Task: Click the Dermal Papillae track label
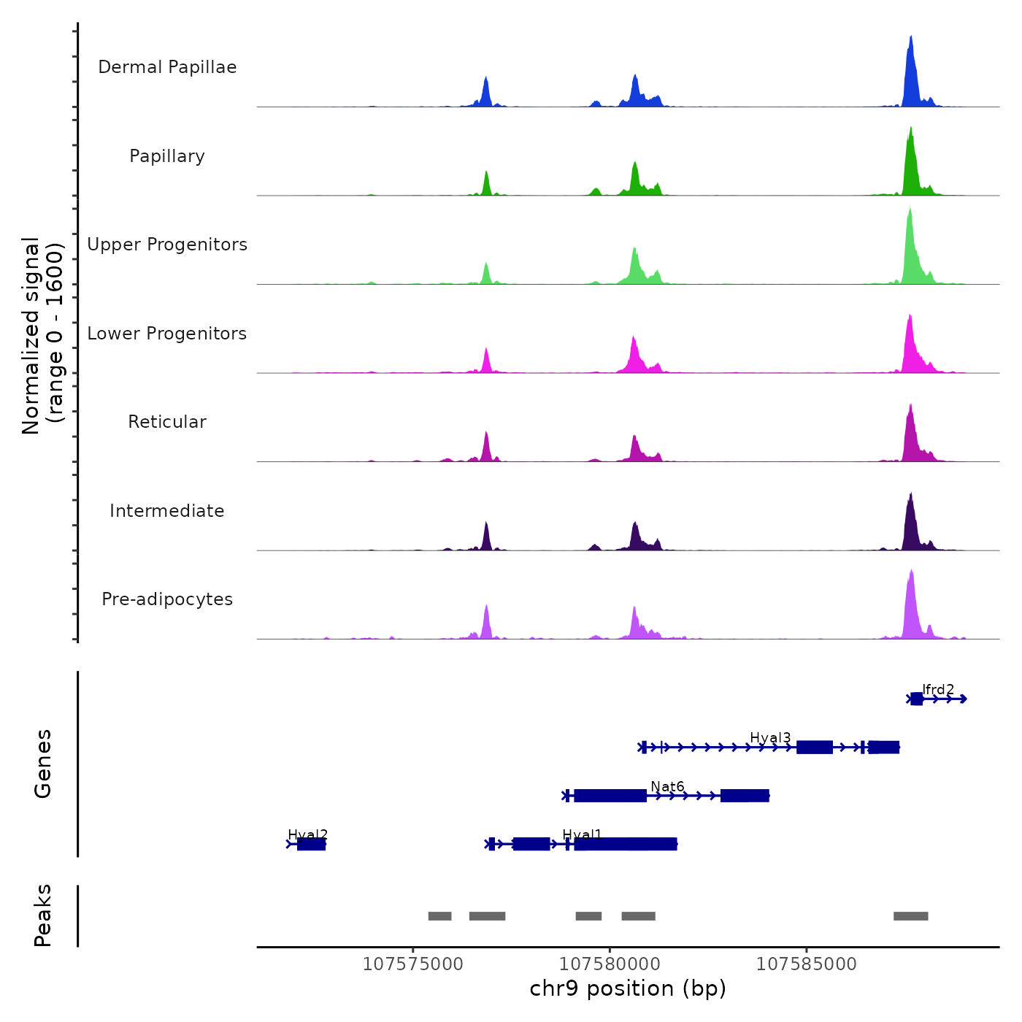pyautogui.click(x=167, y=67)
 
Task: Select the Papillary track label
pyautogui.click(x=167, y=156)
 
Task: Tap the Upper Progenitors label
pyautogui.click(x=167, y=245)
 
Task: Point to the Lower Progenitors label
pyautogui.click(x=167, y=334)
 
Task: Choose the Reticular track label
pyautogui.click(x=167, y=422)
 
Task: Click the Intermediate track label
pyautogui.click(x=167, y=511)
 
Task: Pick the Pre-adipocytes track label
pyautogui.click(x=167, y=599)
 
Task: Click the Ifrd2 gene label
pyautogui.click(x=938, y=689)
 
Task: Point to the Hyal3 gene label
pyautogui.click(x=770, y=737)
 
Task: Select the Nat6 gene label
pyautogui.click(x=667, y=786)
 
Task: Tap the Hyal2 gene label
pyautogui.click(x=307, y=834)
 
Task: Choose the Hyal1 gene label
pyautogui.click(x=583, y=834)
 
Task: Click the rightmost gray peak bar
pyautogui.click(x=910, y=916)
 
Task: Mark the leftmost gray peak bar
pyautogui.click(x=439, y=916)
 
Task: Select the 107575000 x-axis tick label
pyautogui.click(x=412, y=964)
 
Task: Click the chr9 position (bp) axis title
pyautogui.click(x=628, y=988)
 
